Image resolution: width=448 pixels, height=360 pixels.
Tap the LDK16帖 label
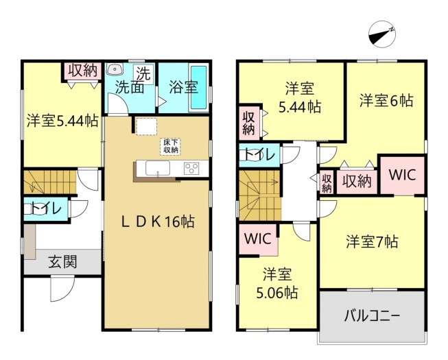point(157,223)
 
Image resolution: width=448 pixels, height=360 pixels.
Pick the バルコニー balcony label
point(373,317)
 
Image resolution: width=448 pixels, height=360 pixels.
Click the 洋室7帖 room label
point(372,241)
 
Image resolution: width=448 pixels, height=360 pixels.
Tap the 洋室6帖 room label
point(386,100)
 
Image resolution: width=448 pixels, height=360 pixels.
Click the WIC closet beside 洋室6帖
point(403,175)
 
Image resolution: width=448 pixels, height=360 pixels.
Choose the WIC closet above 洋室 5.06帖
point(258,240)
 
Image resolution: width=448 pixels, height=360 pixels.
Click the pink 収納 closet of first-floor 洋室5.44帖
point(84,69)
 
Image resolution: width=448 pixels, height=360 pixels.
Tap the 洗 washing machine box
point(145,71)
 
